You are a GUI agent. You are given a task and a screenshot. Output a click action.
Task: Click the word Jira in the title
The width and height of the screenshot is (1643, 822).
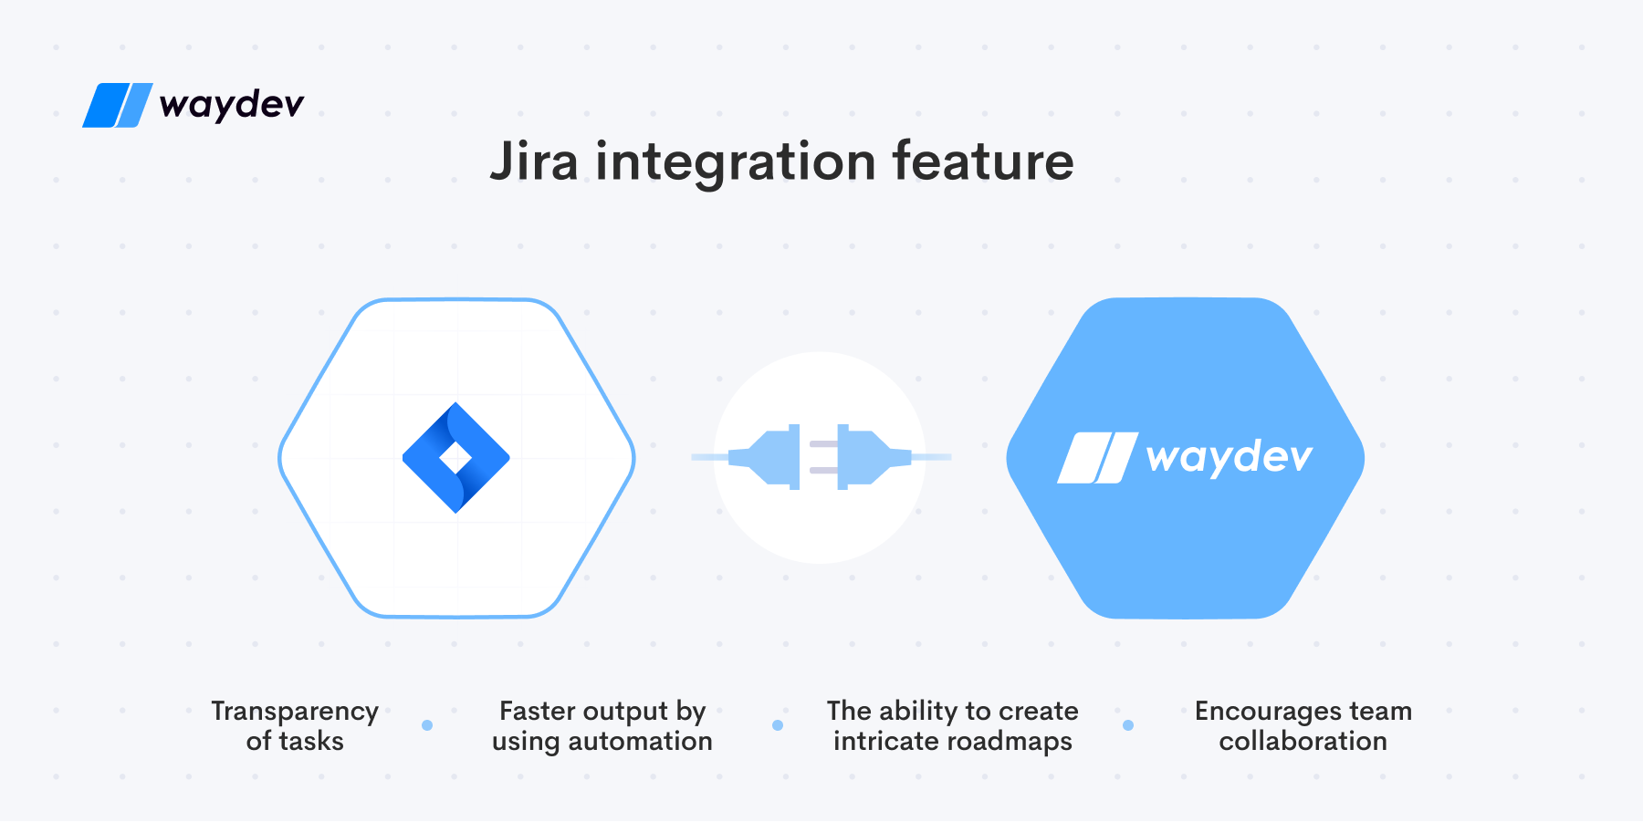(534, 161)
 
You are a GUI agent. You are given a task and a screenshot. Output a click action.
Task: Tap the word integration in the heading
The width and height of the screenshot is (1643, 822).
(736, 163)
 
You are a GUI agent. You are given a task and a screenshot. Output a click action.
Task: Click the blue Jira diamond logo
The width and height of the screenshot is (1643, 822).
(456, 457)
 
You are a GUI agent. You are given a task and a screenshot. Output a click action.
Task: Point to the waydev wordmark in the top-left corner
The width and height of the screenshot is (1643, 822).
(231, 105)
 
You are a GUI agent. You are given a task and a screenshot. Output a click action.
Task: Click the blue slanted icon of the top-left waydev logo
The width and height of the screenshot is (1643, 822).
(118, 105)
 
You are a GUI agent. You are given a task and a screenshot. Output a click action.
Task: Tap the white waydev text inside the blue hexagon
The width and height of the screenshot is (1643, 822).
(1229, 456)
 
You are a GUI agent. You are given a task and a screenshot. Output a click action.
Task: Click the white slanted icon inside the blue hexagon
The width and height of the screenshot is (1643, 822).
(1098, 457)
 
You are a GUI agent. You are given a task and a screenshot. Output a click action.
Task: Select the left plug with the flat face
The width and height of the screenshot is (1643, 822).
(764, 456)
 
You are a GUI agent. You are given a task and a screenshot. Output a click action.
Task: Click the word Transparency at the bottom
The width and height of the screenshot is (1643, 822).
(295, 712)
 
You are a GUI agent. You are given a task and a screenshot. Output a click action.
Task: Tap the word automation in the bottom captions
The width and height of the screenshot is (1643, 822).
(640, 741)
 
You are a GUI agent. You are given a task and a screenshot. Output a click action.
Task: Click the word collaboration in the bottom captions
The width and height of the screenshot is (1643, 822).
(1303, 741)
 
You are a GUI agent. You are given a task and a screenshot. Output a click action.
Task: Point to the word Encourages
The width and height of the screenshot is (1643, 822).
(1269, 712)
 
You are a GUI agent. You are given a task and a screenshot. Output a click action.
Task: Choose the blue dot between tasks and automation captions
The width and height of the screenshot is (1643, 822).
(427, 725)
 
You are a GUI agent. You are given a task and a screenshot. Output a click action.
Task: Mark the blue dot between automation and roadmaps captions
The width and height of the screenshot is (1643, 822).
(778, 725)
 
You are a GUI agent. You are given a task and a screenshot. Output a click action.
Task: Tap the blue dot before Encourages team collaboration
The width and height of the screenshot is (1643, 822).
(1128, 725)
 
